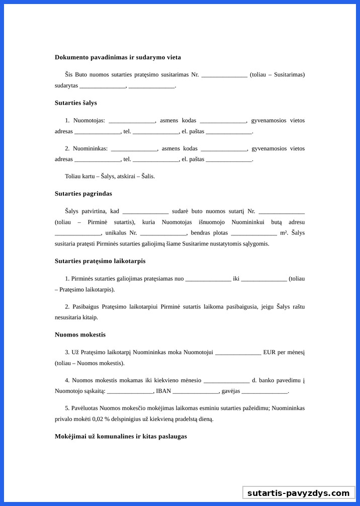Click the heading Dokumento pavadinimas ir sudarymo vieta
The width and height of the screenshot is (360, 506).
click(118, 57)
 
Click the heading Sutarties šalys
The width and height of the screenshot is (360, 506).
click(76, 103)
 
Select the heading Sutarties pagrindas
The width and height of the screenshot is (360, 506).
click(83, 194)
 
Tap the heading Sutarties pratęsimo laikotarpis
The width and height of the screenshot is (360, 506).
click(100, 261)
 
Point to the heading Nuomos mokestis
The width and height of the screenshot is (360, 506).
click(80, 334)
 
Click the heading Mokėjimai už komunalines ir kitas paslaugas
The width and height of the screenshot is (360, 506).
click(121, 436)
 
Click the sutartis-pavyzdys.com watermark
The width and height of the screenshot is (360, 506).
click(298, 493)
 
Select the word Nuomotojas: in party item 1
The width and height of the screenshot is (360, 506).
click(89, 121)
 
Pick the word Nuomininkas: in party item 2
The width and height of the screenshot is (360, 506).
click(91, 148)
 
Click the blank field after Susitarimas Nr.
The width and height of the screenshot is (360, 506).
click(224, 75)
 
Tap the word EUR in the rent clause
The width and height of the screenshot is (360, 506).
click(269, 352)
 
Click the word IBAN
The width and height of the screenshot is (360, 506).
click(163, 391)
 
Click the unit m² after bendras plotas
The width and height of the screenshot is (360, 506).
click(284, 233)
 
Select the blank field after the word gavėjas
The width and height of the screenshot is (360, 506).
click(264, 392)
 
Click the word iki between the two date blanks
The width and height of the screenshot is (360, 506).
click(236, 279)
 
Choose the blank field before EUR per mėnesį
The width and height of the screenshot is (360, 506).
click(238, 353)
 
